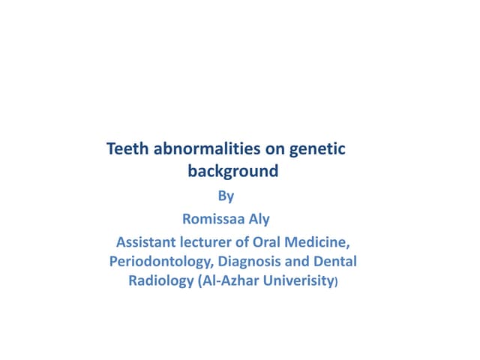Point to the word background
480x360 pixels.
[x=232, y=171]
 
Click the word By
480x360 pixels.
[x=226, y=197]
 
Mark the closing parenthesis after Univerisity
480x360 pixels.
[x=337, y=283]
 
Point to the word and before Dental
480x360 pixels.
[x=294, y=262]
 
